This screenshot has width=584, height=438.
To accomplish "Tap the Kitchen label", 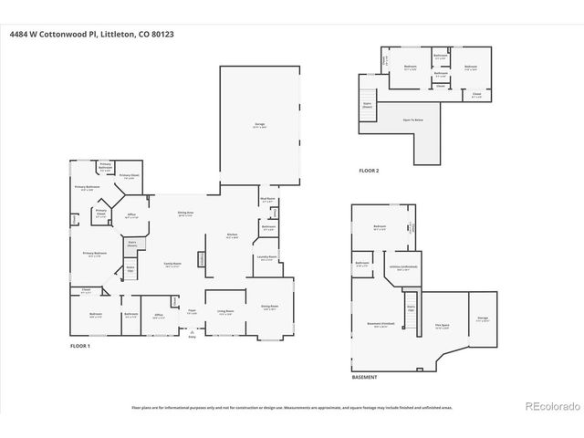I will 233,235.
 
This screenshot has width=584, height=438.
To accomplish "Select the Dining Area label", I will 184,214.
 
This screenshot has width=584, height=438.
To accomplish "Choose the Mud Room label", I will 267,200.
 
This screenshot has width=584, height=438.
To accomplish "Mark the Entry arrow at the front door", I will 192,336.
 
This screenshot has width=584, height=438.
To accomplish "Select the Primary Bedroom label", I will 95,255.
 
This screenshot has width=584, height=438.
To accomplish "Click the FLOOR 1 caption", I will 83,347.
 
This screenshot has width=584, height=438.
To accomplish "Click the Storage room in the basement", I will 483,320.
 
